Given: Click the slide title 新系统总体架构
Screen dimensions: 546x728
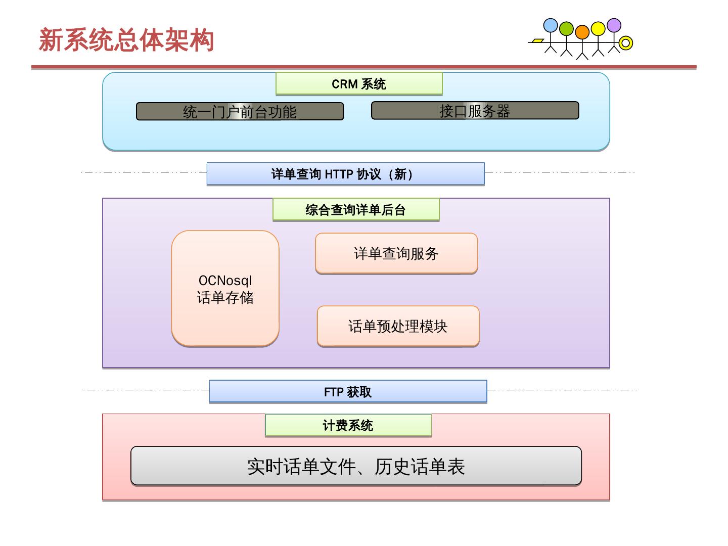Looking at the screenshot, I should [x=126, y=40].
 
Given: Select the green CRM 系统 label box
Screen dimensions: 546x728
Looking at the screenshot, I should [x=359, y=84].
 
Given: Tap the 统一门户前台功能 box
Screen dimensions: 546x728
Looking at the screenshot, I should [x=240, y=112].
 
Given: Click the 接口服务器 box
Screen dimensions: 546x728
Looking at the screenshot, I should [x=475, y=111].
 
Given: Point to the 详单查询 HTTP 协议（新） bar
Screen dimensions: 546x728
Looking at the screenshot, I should [x=345, y=174].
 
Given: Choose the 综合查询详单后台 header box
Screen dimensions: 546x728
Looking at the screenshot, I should [x=356, y=210].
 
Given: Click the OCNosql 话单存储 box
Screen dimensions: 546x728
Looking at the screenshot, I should [x=225, y=289].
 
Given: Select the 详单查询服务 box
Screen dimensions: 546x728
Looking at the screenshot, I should [x=396, y=253].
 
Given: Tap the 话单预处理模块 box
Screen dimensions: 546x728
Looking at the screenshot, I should [x=398, y=326].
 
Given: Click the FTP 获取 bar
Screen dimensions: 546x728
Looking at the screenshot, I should [x=348, y=392].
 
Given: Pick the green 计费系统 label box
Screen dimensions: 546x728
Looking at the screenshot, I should [x=348, y=426].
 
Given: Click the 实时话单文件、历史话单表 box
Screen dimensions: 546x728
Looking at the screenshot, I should [x=356, y=466].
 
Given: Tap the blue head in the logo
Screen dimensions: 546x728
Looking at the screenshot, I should [x=551, y=25].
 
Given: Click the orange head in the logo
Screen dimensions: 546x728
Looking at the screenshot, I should [x=582, y=32].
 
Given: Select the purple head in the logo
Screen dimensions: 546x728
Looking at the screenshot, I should [x=614, y=25].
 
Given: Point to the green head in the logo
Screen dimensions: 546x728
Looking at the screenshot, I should [x=566, y=29].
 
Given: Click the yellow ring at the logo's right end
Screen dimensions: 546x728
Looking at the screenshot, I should [x=626, y=43].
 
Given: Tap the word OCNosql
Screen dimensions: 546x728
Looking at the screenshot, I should [x=225, y=281].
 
